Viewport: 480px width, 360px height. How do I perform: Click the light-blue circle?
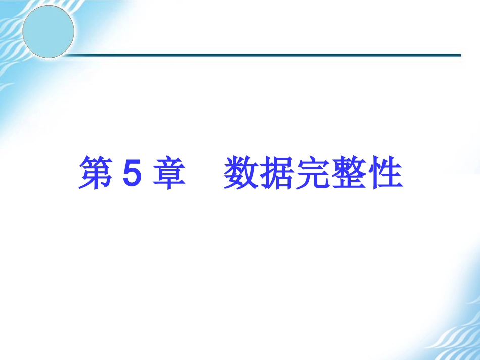coord(49,31)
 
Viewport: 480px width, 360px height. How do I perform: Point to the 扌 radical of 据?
coord(266,174)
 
